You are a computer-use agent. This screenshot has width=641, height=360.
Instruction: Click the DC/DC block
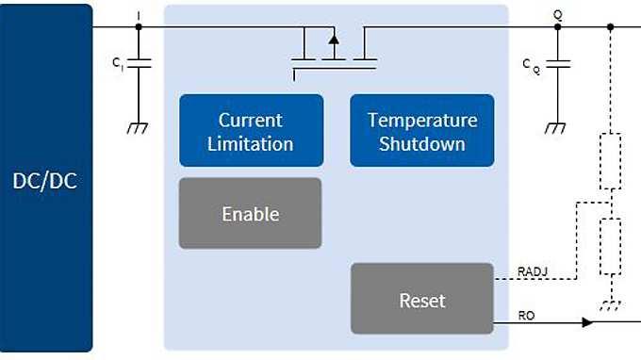point(46,179)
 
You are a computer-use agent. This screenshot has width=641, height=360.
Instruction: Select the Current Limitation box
point(251,131)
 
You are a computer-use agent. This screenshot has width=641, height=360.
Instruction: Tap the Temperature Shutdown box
point(421,131)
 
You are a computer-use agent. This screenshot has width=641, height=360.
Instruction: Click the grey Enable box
point(250,214)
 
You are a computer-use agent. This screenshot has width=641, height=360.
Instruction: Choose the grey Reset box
point(421,301)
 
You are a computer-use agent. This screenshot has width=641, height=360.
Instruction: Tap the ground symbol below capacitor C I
point(139,128)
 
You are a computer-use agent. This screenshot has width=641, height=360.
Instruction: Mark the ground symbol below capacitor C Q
point(557,128)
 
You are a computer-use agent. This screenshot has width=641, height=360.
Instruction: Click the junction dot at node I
point(139,26)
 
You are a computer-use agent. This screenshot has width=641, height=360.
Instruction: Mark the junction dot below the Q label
point(557,26)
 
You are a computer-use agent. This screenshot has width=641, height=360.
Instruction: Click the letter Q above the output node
point(557,13)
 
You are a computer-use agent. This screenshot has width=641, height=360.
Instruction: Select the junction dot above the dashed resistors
point(611,26)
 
